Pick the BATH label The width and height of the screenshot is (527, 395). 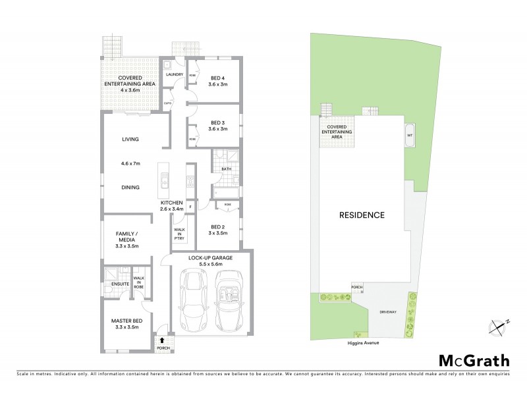(226, 169)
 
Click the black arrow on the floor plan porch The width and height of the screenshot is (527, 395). (163, 340)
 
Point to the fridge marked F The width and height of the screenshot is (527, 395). (190, 207)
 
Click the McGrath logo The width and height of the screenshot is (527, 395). (474, 360)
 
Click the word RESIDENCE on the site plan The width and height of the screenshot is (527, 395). (362, 215)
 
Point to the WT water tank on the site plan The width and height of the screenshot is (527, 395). (410, 136)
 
